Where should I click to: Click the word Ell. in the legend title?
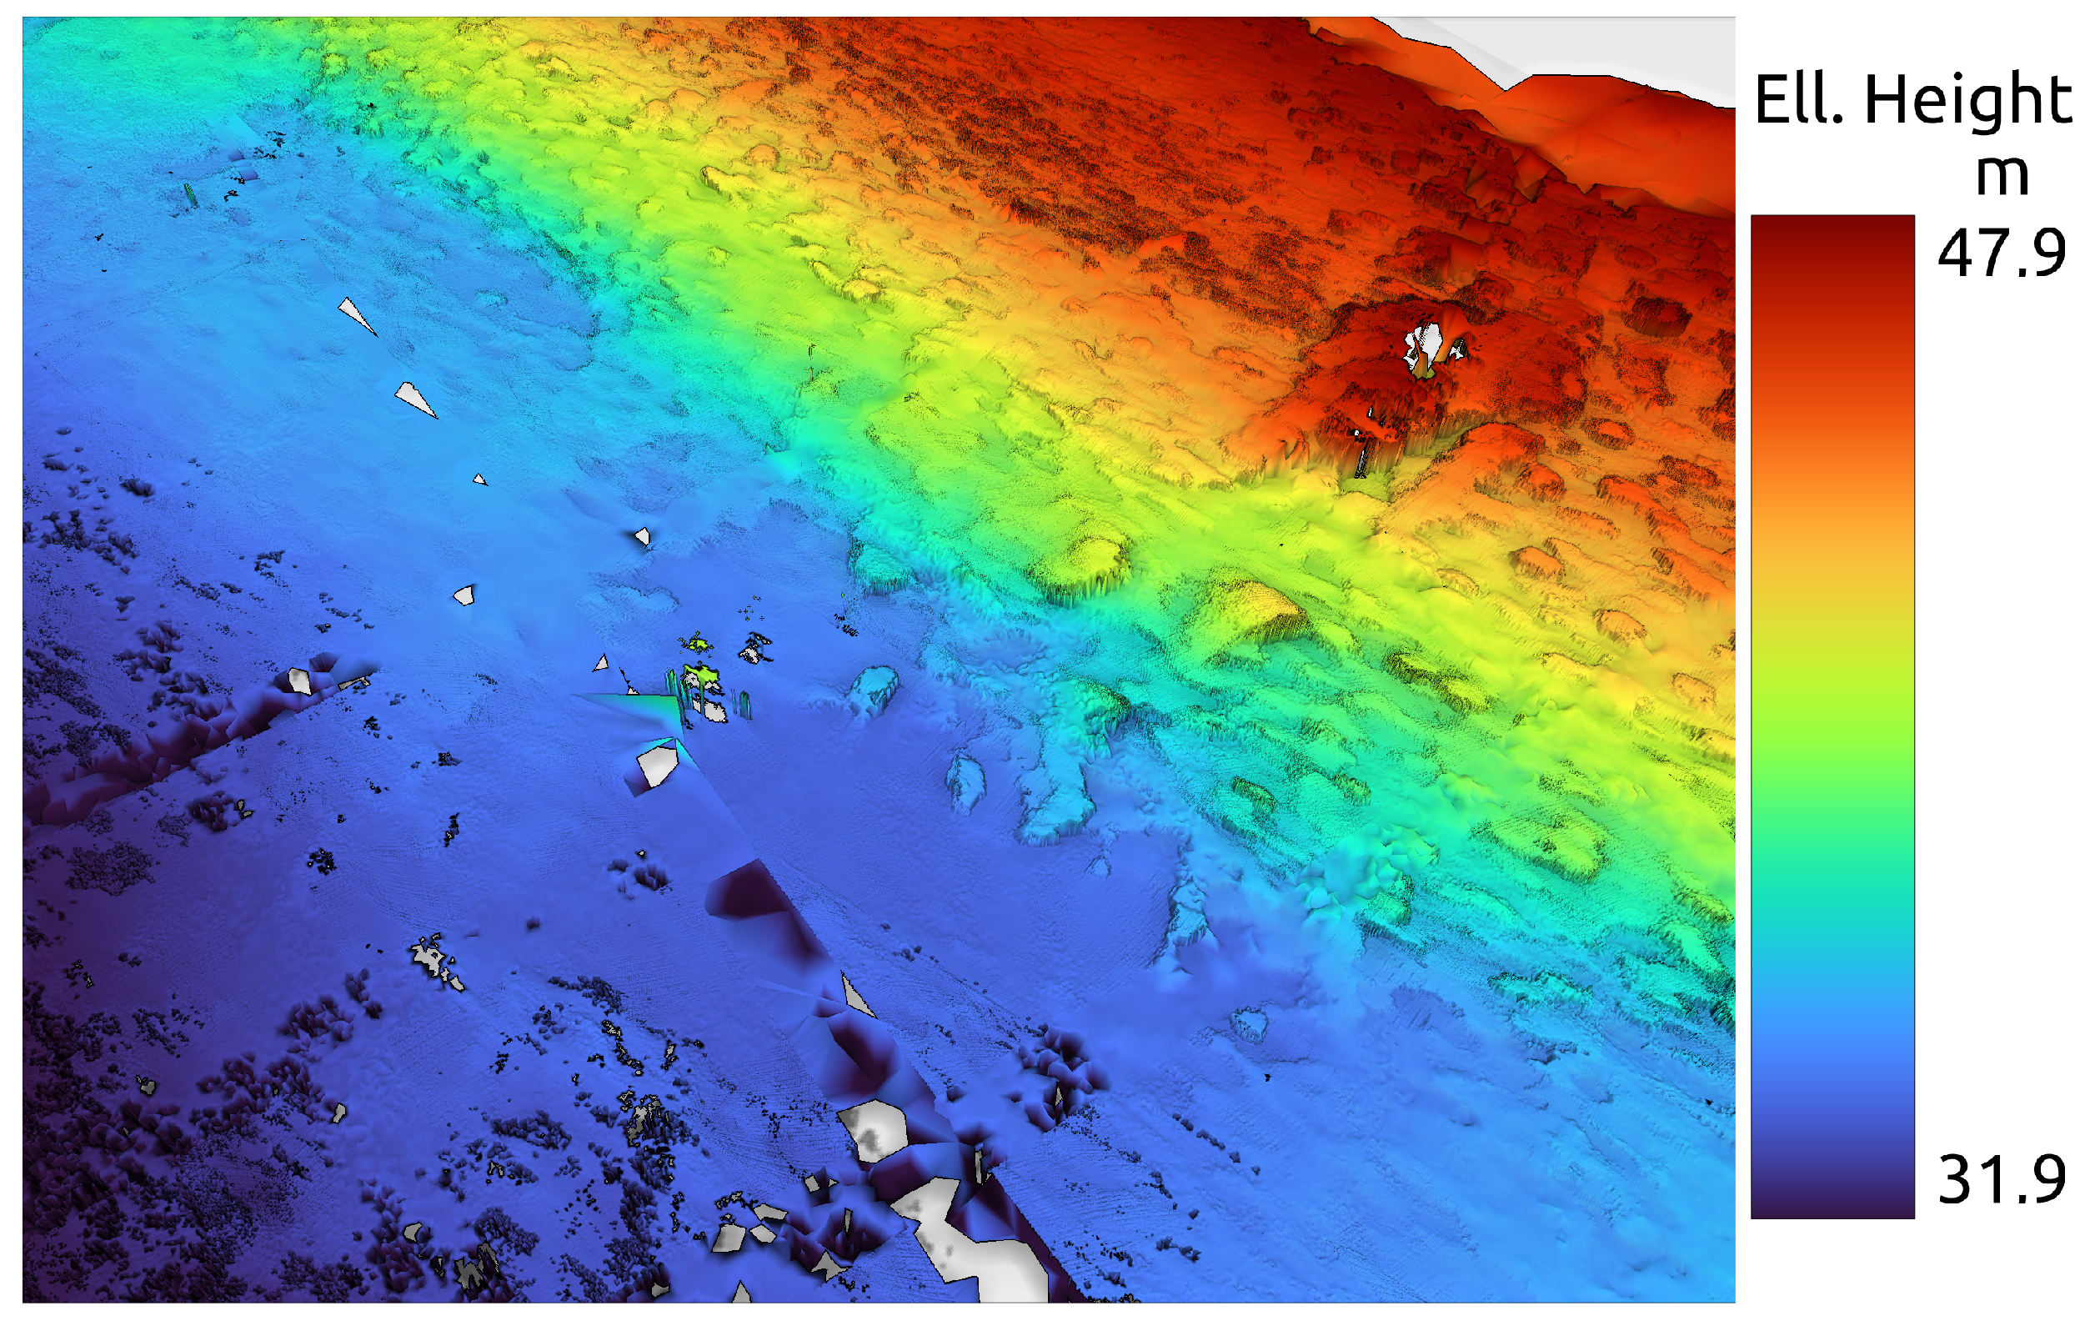coord(1798,100)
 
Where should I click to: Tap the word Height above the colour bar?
coord(1968,100)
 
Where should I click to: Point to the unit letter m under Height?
coord(2002,174)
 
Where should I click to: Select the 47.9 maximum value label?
coord(2002,254)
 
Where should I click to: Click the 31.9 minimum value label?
coord(2002,1179)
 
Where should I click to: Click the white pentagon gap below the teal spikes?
coord(658,766)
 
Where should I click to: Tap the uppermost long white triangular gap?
coord(356,315)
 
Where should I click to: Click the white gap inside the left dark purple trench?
coord(300,681)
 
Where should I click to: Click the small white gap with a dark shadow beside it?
coord(642,536)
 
